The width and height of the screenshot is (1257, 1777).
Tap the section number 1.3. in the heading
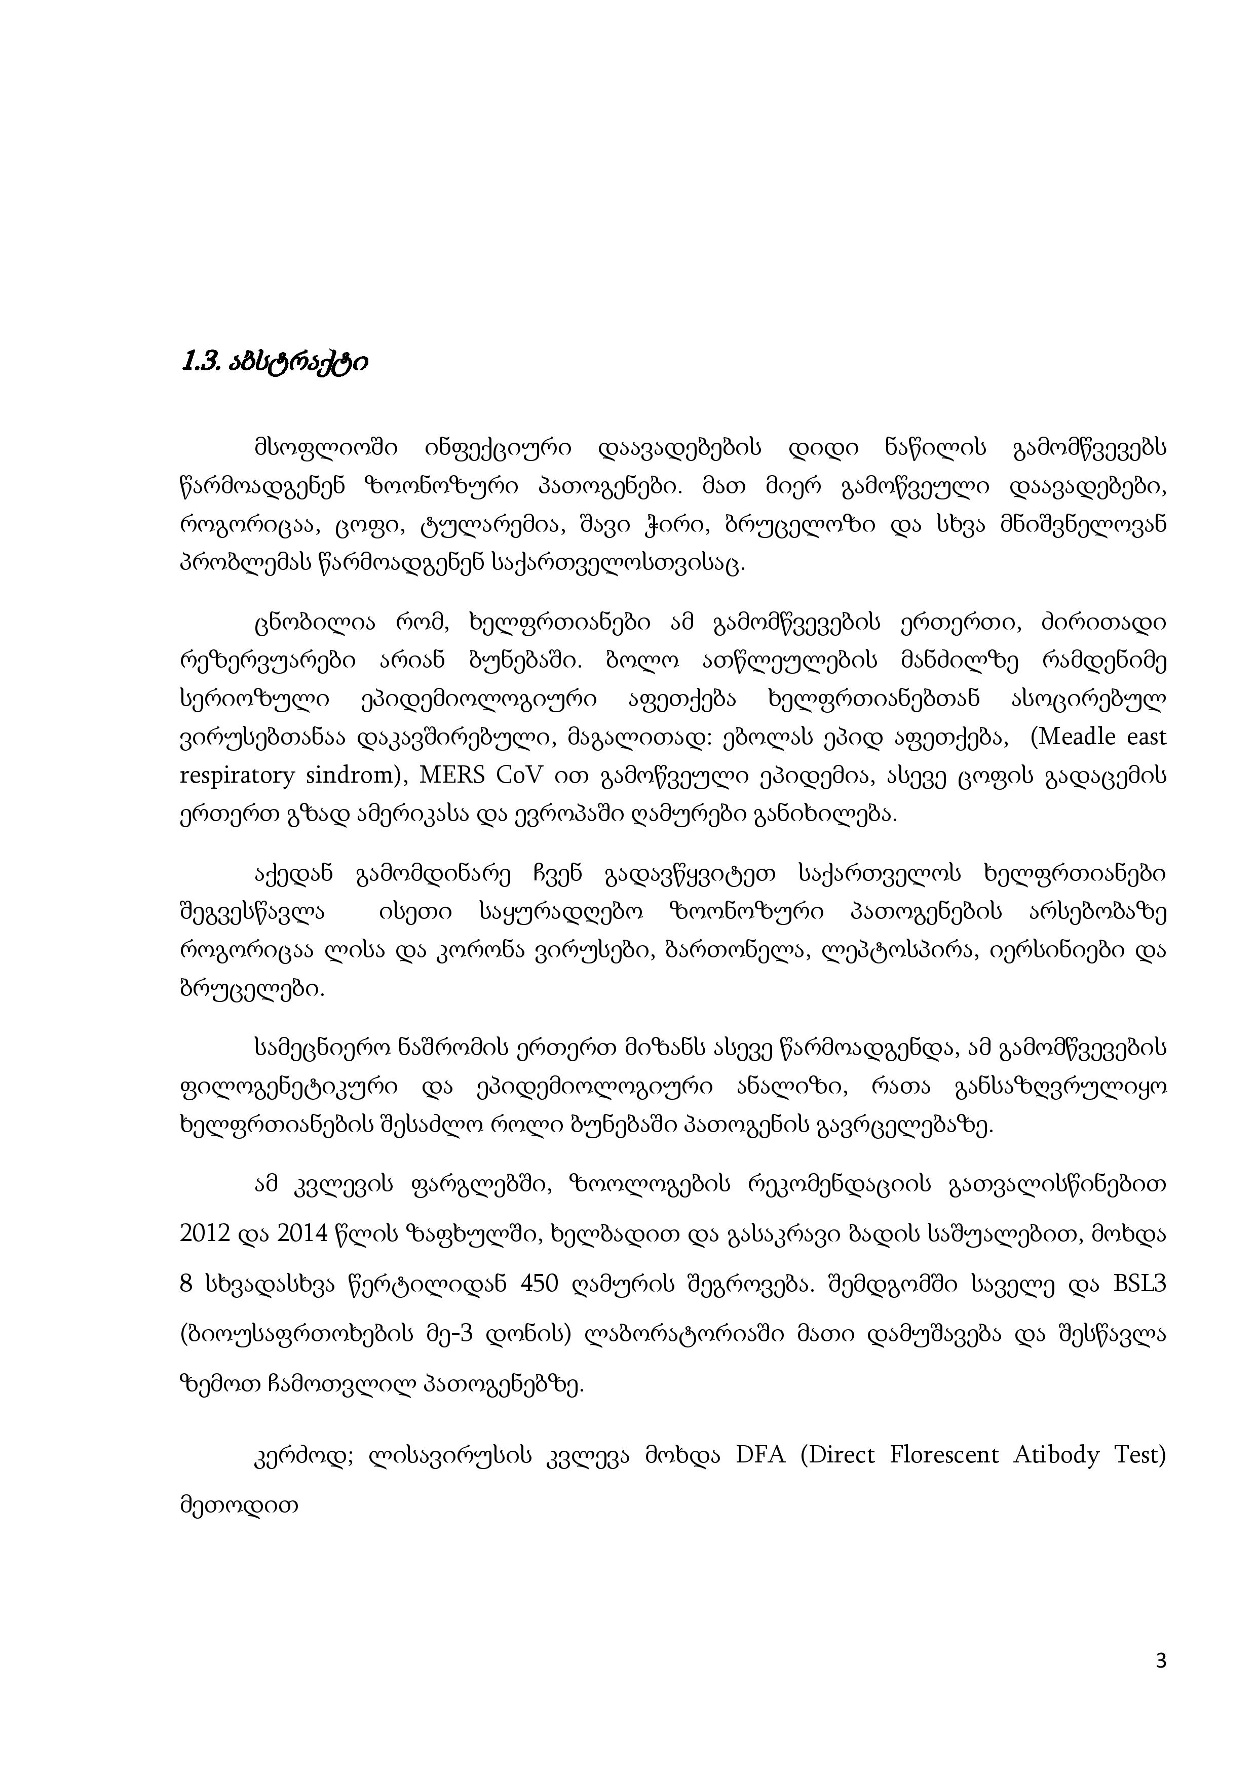(x=200, y=362)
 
